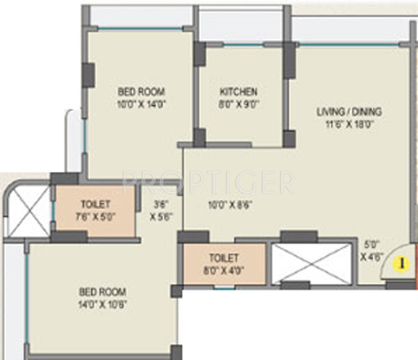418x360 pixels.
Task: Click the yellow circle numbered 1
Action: pyautogui.click(x=401, y=264)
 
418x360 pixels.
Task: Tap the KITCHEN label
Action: pyautogui.click(x=238, y=92)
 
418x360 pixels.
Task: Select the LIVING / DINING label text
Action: pyautogui.click(x=349, y=112)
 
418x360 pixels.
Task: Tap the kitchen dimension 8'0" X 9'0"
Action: pyautogui.click(x=238, y=105)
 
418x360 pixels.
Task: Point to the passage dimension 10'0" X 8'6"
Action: pyautogui.click(x=226, y=205)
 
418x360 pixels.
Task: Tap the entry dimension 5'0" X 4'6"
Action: pyautogui.click(x=371, y=248)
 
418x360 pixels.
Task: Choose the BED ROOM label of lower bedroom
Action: pyautogui.click(x=102, y=291)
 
